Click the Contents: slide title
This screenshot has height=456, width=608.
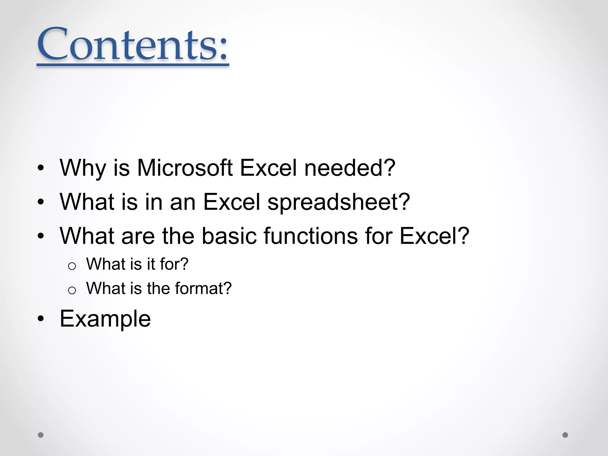coord(133,45)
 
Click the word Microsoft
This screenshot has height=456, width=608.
coord(184,168)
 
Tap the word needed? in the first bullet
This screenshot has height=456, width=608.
coord(350,168)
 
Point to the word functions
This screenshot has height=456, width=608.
coord(311,236)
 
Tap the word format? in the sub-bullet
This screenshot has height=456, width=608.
coord(203,289)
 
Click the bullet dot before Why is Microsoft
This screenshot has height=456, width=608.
coord(41,168)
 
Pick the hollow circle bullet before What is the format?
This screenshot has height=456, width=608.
coord(72,290)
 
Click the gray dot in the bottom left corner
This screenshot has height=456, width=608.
coord(41,435)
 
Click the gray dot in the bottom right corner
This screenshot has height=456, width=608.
coord(565,435)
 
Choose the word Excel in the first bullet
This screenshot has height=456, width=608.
coord(268,168)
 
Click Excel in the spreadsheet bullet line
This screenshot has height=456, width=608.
coord(231,202)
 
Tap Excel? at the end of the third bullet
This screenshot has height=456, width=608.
coord(434,236)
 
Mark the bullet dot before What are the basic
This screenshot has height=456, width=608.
coord(41,236)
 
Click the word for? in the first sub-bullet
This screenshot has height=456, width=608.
coord(174,264)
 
